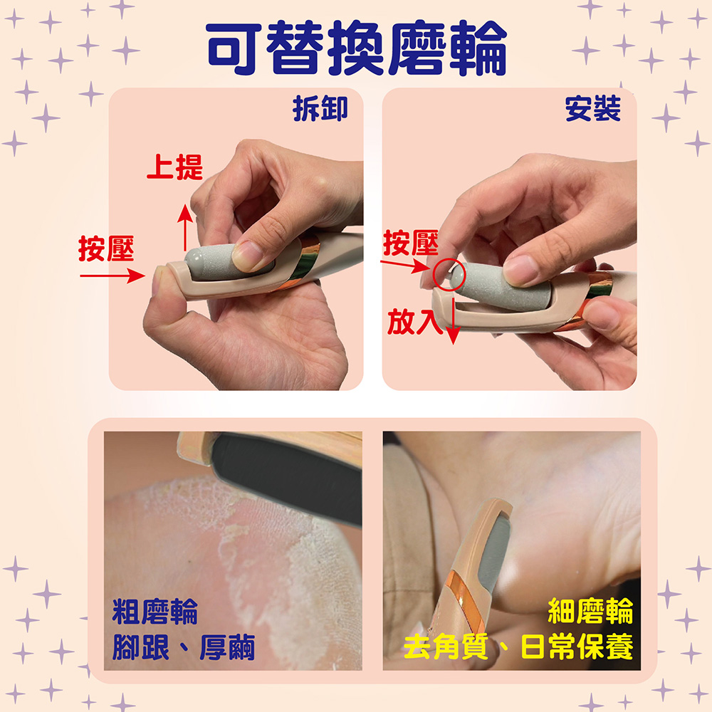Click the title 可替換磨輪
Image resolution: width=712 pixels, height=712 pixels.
(x=356, y=48)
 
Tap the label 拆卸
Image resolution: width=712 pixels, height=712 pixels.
(x=320, y=109)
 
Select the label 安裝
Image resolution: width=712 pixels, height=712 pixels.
(x=592, y=109)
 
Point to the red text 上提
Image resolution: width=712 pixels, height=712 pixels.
(x=174, y=167)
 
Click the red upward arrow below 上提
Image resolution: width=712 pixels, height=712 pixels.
(x=184, y=226)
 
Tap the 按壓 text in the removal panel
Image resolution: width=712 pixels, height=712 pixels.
(x=106, y=248)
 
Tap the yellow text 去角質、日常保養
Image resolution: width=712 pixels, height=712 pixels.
(x=518, y=647)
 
